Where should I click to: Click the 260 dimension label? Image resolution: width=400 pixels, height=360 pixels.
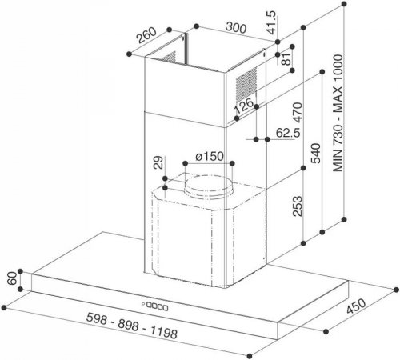pos(146,35)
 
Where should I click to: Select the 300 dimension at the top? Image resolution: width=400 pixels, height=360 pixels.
pos(236,27)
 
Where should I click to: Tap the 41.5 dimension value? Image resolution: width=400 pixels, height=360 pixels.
pos(272,22)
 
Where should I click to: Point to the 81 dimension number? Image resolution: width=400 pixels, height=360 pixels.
pos(286,58)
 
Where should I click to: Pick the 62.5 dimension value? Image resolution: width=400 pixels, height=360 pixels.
pos(288,133)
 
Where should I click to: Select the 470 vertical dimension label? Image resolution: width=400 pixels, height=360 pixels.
pos(298,112)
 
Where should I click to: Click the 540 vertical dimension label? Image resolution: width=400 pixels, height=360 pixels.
pos(317,153)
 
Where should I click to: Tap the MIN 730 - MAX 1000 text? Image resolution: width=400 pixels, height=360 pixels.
pos(338,113)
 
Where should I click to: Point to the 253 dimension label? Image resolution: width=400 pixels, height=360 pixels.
pos(298,206)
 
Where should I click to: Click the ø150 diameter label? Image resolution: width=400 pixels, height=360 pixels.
pos(210,156)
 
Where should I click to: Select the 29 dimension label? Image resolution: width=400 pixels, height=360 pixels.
pos(158,162)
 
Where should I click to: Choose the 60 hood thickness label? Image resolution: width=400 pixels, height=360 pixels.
pos(12,278)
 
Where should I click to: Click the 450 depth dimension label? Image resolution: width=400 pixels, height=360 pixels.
pos(356,306)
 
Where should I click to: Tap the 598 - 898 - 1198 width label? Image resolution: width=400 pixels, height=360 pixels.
pos(132,326)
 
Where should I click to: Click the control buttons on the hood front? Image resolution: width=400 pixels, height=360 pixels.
pos(158,306)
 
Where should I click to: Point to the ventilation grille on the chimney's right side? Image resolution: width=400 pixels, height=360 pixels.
pos(246,82)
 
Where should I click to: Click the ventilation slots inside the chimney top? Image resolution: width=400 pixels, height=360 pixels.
pos(169,58)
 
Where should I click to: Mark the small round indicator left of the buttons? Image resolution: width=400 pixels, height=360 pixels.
pos(143,303)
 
